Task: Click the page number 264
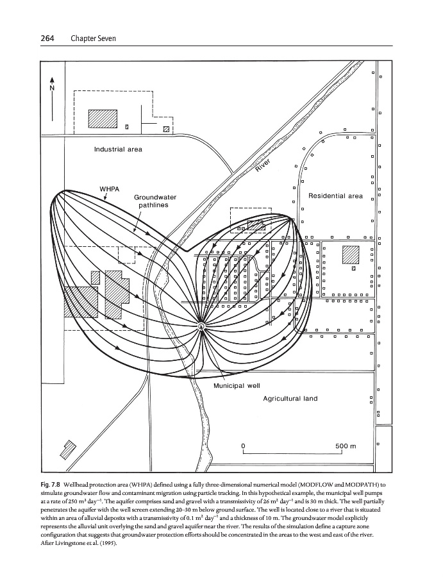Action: [x=47, y=38]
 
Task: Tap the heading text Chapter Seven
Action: [x=93, y=38]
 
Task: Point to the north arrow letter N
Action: [x=52, y=88]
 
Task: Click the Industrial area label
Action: [x=118, y=149]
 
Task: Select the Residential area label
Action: [x=335, y=196]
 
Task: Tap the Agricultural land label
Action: [x=290, y=399]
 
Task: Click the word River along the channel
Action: [x=263, y=165]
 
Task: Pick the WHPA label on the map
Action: [x=110, y=189]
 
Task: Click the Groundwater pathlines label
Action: [x=155, y=201]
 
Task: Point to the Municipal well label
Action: [x=237, y=386]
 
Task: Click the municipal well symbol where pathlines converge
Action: [x=201, y=326]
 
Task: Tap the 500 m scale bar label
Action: [x=346, y=446]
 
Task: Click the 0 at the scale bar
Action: [x=243, y=446]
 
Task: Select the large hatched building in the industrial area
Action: [x=103, y=119]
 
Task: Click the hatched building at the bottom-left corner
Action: [x=68, y=450]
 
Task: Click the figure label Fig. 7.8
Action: [x=51, y=484]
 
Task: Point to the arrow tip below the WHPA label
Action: [x=105, y=200]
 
